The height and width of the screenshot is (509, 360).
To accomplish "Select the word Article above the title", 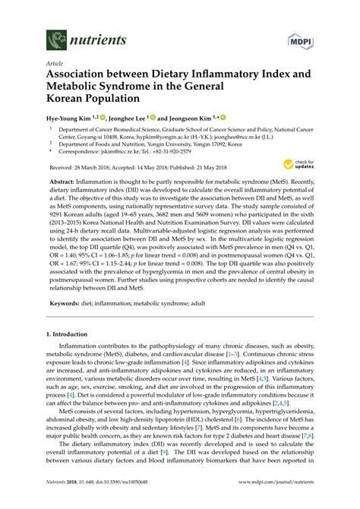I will click(55, 66).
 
